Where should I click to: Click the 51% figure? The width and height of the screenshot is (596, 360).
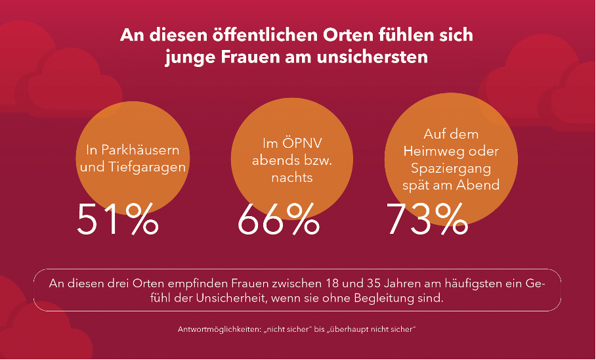click(x=117, y=219)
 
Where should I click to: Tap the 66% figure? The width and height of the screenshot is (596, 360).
click(x=278, y=219)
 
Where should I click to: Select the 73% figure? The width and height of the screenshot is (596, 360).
click(x=427, y=219)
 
